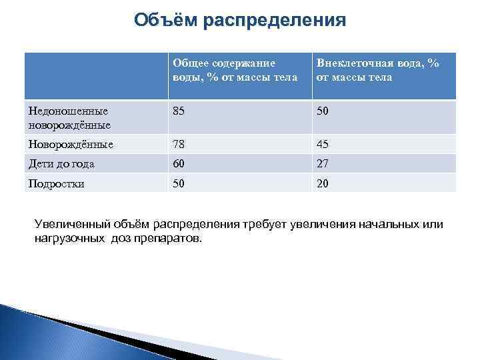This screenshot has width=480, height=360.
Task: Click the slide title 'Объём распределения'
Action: point(239,20)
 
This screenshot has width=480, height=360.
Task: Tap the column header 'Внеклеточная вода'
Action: point(378,70)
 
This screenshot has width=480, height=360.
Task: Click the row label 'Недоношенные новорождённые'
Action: point(68,118)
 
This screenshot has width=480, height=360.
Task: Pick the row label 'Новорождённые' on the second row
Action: point(69,145)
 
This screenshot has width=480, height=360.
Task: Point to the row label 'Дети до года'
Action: point(61,164)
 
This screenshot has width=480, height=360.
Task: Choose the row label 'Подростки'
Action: point(56,184)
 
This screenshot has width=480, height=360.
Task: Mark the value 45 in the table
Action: point(323,145)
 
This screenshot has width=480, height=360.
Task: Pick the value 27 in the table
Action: point(323,164)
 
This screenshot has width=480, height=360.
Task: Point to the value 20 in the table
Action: point(323,184)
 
